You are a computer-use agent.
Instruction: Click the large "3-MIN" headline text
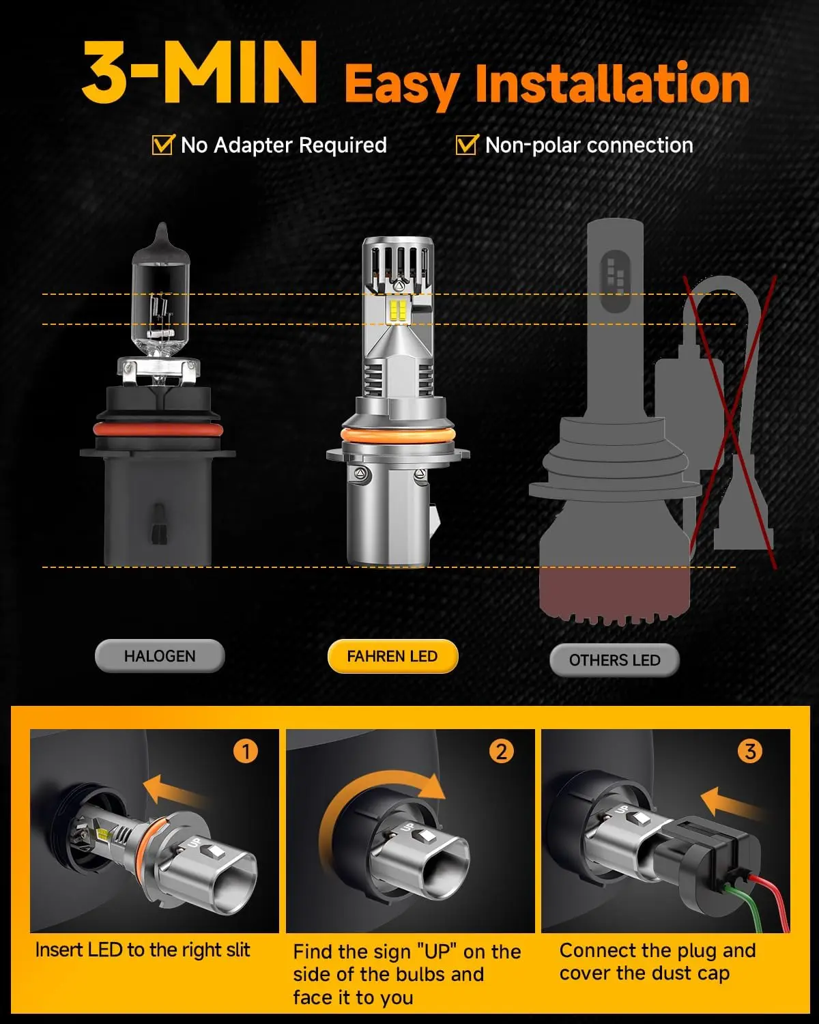[199, 74]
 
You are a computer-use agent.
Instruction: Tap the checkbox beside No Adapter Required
[162, 145]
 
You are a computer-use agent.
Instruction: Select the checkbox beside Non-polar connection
[466, 145]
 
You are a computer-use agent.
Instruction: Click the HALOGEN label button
[160, 656]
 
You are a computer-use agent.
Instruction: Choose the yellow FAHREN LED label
[392, 656]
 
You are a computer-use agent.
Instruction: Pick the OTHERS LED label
[614, 660]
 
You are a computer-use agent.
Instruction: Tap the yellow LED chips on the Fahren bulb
[398, 311]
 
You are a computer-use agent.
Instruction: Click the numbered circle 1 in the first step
[246, 752]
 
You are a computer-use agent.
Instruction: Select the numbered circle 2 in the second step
[501, 752]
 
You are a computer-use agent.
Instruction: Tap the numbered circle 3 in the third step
[749, 752]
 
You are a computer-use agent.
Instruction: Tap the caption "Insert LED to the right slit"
[143, 950]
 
